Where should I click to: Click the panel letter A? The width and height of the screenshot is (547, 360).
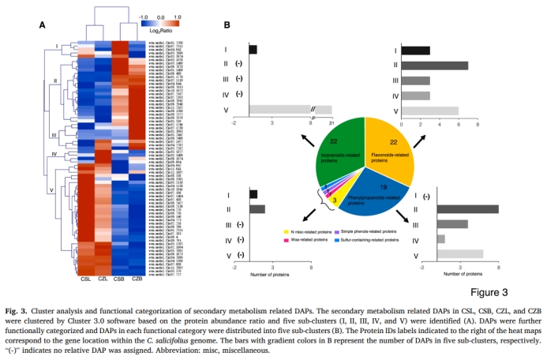click(43, 24)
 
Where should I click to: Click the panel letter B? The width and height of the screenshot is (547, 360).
click(227, 25)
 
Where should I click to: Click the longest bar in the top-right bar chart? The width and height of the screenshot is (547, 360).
click(436, 66)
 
